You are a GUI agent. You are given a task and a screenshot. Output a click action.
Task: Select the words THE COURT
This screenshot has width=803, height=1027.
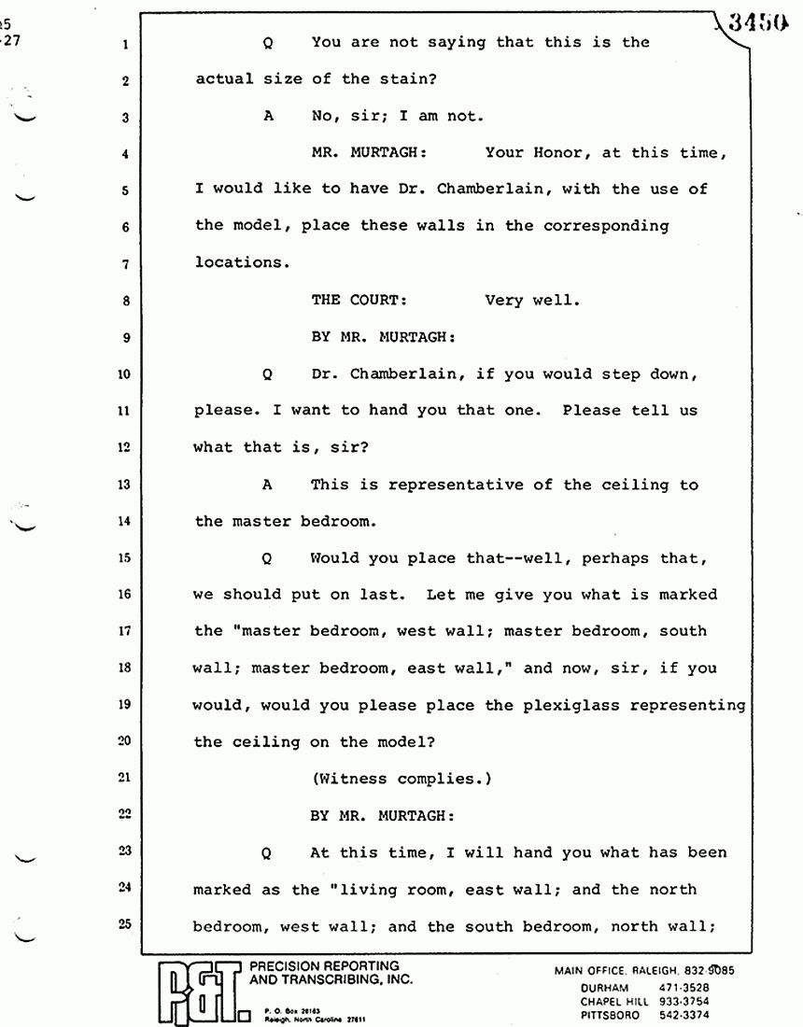coord(359,301)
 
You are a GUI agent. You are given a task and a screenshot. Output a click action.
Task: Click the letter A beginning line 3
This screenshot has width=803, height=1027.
coord(268,116)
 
